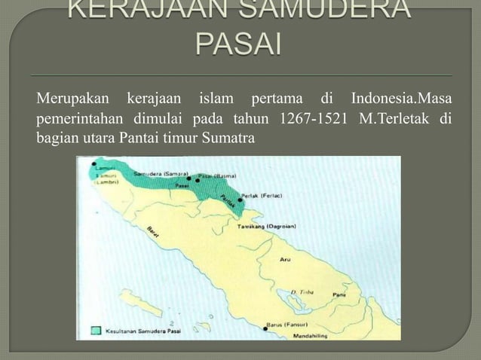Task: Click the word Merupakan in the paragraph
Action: coord(68,102)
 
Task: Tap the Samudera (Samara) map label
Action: coord(155,173)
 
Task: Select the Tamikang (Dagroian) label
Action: coord(267,225)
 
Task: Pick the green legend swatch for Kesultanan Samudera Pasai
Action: coord(95,330)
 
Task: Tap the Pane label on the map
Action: coord(339,294)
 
